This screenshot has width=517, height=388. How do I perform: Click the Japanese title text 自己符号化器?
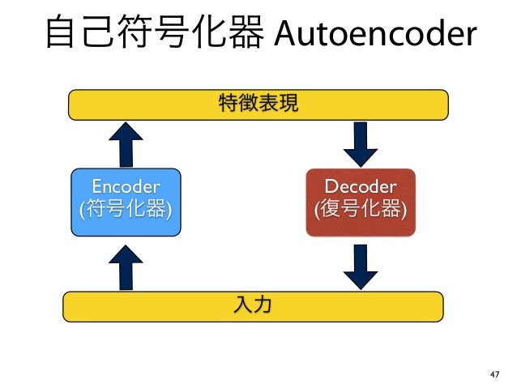(154, 33)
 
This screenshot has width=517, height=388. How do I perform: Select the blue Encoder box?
(125, 202)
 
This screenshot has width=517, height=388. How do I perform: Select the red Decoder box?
(360, 202)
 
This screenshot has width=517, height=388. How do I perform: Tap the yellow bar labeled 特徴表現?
(258, 103)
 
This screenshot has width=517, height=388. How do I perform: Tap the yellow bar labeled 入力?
(253, 305)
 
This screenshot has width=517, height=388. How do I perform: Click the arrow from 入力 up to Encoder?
(125, 266)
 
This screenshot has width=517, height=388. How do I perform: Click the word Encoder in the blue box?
(125, 189)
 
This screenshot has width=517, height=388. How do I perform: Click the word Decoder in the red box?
(360, 189)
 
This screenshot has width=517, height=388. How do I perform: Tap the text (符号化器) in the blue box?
(125, 211)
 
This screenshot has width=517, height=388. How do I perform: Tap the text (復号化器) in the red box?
(360, 211)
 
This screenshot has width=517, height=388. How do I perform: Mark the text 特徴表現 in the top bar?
(258, 103)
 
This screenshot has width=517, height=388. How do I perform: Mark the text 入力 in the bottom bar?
(253, 305)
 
